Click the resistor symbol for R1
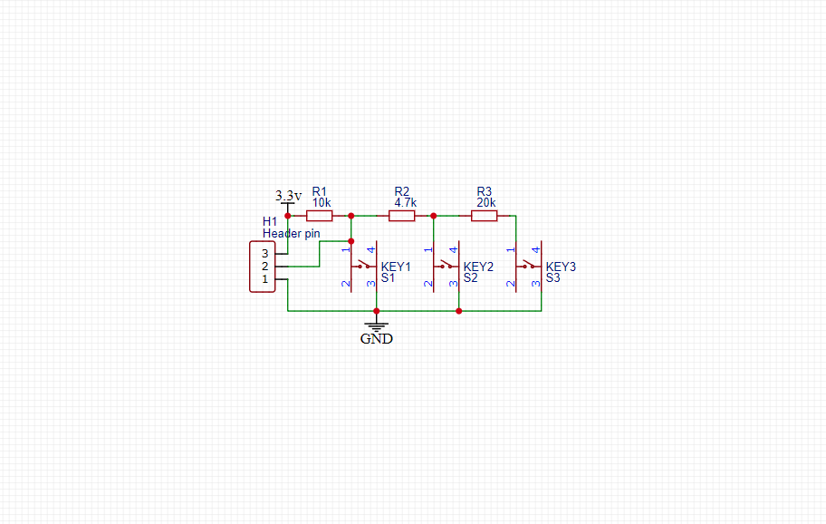point(319,216)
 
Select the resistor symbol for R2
point(402,216)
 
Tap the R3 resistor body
point(484,216)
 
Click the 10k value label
point(322,203)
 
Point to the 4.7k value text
point(405,203)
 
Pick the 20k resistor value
point(486,203)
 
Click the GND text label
point(377,339)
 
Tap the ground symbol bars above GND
point(377,325)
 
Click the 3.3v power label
point(288,196)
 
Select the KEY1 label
point(396,267)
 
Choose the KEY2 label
point(478,267)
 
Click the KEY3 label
point(561,267)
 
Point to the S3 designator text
point(552,278)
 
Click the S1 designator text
point(388,278)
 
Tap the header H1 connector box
point(262,267)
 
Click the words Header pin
point(292,234)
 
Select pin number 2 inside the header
point(265,267)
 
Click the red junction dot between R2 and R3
point(434,216)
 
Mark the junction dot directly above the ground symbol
point(377,311)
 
